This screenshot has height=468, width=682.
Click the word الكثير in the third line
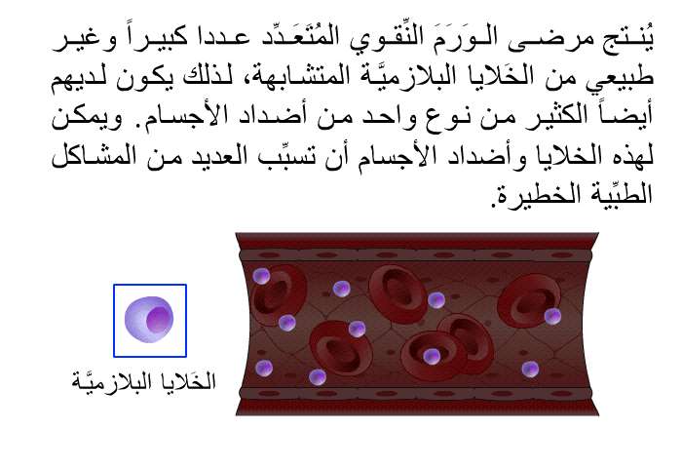(555, 115)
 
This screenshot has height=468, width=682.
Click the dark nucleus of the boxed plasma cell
(158, 320)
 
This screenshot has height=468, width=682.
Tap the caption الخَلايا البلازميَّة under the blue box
(143, 380)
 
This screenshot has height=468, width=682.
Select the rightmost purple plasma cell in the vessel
(552, 316)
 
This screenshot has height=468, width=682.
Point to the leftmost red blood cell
(279, 296)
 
